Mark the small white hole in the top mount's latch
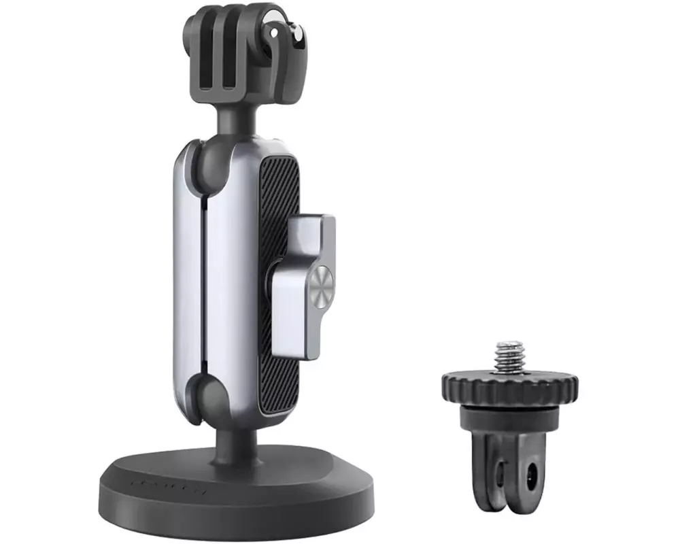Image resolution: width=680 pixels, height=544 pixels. coord(274,32)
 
